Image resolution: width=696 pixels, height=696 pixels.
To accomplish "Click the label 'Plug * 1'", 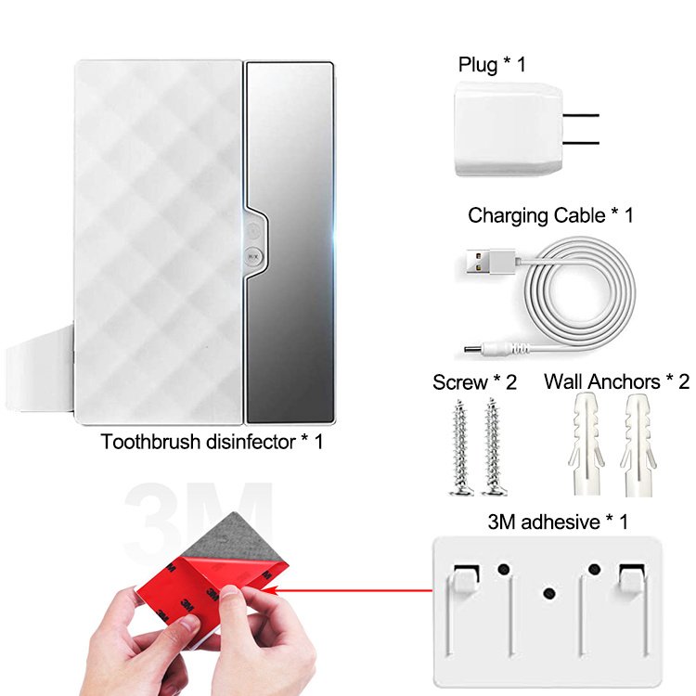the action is (492, 65).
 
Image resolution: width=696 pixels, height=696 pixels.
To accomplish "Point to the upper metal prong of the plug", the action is (581, 115).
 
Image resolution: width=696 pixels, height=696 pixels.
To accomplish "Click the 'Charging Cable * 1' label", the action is (550, 215).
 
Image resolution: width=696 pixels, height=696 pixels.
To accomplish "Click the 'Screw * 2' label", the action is (474, 382).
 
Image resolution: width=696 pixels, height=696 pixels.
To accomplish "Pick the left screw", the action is (460, 447).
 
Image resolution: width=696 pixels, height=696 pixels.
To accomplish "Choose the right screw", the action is (493, 446).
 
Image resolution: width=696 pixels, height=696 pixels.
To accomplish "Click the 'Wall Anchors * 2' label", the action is (616, 381).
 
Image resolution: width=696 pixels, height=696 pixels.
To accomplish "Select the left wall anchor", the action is (586, 445).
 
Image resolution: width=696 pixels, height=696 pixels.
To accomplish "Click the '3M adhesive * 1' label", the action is (558, 522).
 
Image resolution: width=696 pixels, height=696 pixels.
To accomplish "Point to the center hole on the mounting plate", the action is (549, 593).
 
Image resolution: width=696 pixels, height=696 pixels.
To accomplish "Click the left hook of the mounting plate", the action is (466, 579).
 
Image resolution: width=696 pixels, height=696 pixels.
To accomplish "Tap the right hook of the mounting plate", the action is (632, 579).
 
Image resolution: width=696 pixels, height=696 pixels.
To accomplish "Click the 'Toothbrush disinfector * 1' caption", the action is (212, 442).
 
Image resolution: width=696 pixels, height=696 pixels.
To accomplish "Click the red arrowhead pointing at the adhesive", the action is (272, 590).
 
